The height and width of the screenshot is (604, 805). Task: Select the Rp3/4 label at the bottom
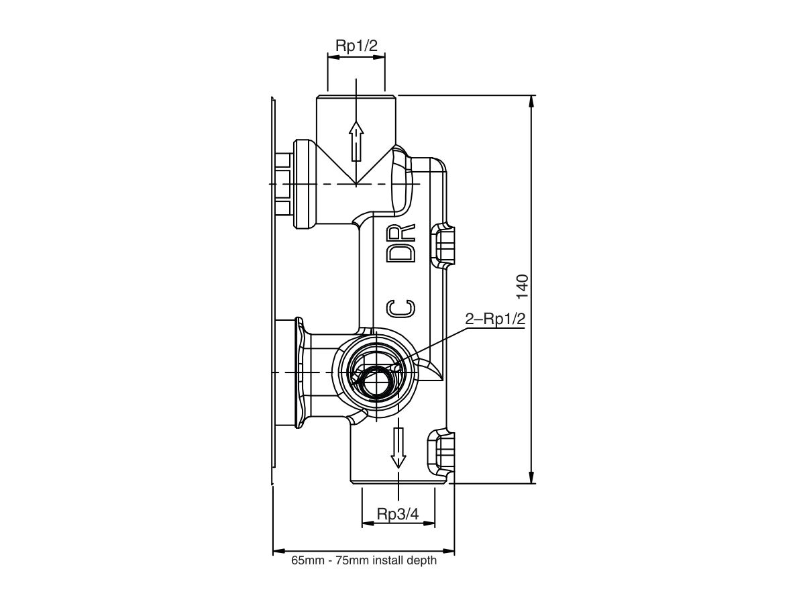398,514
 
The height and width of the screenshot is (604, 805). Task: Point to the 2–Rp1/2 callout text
495,319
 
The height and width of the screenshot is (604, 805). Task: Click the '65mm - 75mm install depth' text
364,561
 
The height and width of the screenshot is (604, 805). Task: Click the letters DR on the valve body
402,243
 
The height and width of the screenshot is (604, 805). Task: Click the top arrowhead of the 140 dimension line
532,101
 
